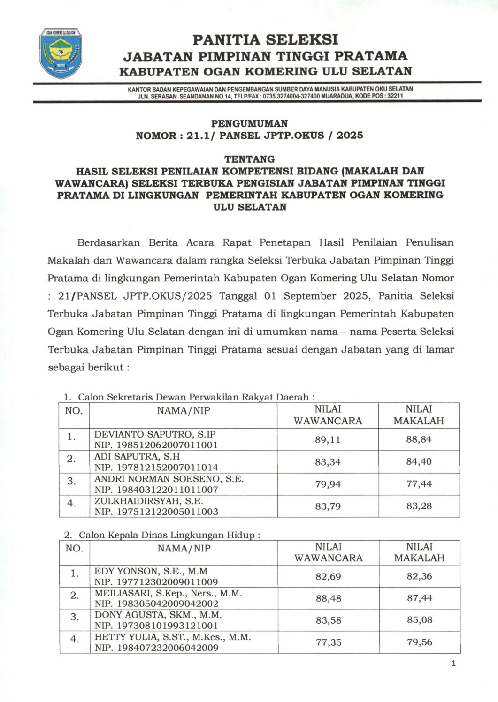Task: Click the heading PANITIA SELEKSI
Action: click(x=265, y=39)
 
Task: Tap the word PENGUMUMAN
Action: click(x=249, y=123)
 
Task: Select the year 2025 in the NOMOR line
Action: click(x=350, y=136)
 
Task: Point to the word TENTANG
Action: click(x=249, y=159)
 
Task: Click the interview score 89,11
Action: click(x=328, y=439)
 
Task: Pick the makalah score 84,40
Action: click(x=419, y=461)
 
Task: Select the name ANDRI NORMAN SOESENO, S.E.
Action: click(x=169, y=479)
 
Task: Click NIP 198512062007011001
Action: click(x=156, y=445)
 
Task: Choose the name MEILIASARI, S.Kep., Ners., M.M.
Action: click(x=168, y=593)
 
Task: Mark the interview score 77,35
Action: click(x=328, y=642)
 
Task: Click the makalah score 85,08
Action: click(x=419, y=620)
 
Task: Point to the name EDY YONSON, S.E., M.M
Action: click(x=151, y=571)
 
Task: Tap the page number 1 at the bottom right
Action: click(x=453, y=663)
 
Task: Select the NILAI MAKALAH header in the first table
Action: click(x=419, y=415)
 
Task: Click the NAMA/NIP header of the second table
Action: click(x=184, y=548)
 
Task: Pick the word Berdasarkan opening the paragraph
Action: click(x=109, y=242)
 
